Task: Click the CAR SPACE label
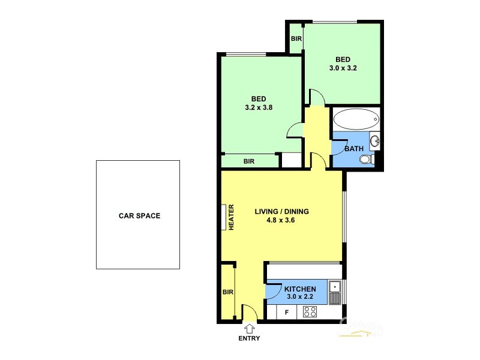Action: point(139,215)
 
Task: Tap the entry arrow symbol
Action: point(250,328)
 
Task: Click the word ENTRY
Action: point(250,338)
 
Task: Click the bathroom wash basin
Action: point(374,141)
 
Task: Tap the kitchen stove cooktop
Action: point(310,311)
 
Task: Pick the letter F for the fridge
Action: point(286,312)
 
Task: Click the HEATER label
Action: point(230,217)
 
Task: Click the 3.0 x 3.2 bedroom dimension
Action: point(343,68)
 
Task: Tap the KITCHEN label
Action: point(299,289)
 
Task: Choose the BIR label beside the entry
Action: point(227,292)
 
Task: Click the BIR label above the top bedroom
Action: point(296,38)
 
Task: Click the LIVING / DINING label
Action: point(281,211)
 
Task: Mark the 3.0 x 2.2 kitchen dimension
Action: point(299,297)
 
